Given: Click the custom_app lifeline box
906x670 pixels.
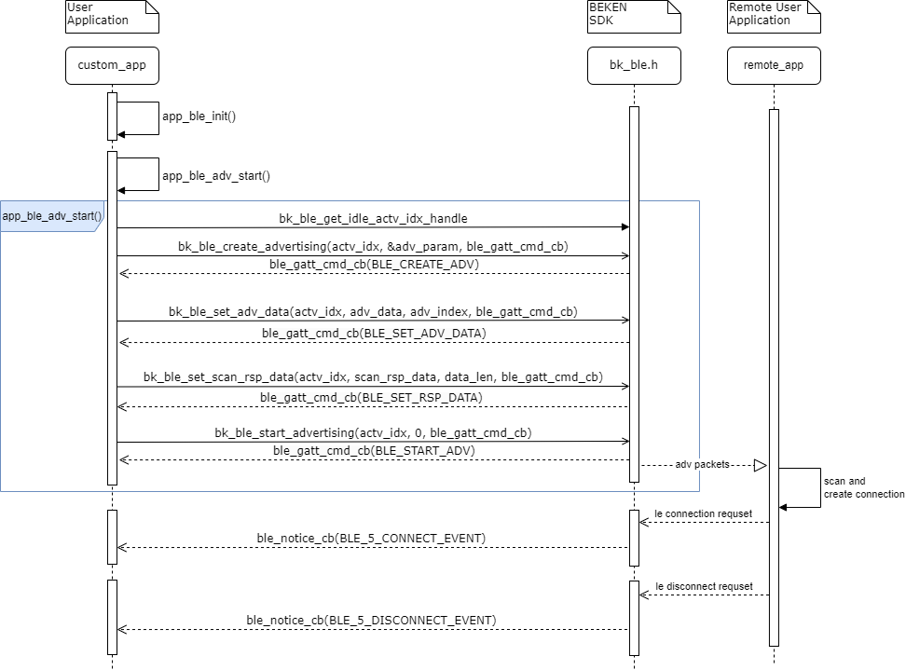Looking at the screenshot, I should [x=112, y=65].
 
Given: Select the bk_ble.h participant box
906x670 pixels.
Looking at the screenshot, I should [x=634, y=65].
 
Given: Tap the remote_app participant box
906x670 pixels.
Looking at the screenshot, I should [x=774, y=65].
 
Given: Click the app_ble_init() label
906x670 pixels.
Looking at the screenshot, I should [x=199, y=117].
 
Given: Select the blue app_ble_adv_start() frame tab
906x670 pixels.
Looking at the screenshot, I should [x=52, y=216].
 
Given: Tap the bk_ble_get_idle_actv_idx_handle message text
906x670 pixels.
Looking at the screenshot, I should [x=373, y=219].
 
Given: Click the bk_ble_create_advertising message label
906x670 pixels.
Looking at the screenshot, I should [x=373, y=247].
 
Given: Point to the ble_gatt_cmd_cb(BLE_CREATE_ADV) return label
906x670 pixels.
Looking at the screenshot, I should [x=373, y=265].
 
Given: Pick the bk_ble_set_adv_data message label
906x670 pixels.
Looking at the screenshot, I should [x=373, y=311].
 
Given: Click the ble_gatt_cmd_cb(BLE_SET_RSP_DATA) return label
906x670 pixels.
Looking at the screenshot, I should [x=373, y=398].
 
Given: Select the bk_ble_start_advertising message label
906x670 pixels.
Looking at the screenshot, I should [x=373, y=433].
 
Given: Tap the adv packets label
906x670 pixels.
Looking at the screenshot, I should [x=703, y=464].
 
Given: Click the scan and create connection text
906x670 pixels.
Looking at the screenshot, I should [x=863, y=487].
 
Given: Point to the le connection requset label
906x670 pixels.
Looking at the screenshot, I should [x=704, y=513].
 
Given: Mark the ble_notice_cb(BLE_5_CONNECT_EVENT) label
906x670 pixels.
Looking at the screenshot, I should [x=371, y=539].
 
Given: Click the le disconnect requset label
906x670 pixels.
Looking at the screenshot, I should [x=704, y=586].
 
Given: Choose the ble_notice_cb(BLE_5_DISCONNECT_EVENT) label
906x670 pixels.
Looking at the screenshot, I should [x=371, y=620].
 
